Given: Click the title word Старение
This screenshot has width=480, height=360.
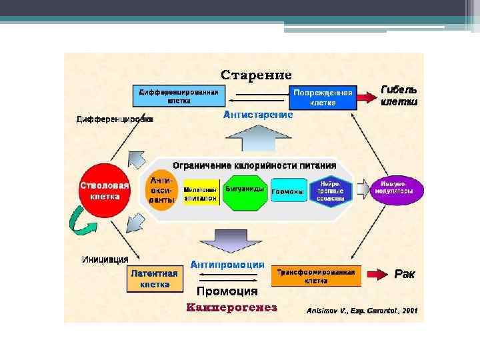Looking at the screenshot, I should [256, 74].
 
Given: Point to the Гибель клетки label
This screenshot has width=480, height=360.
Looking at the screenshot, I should [399, 96].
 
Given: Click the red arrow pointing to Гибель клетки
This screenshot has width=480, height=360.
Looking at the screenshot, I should [367, 98].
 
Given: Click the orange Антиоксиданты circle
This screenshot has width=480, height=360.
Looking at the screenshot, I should [161, 190].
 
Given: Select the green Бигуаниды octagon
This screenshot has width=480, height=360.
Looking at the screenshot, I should [245, 191].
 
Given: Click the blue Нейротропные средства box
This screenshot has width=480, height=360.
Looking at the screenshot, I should [331, 191].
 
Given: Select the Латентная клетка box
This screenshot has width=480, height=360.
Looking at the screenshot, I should [155, 279].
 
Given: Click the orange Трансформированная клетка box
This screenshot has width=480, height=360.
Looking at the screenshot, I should [316, 276].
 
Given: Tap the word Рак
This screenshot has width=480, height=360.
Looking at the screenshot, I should [405, 273].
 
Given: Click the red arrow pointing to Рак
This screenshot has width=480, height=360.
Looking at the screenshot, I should [377, 273].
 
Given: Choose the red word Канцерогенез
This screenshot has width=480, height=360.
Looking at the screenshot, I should [231, 308].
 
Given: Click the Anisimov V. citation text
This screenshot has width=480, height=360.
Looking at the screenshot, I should [362, 311].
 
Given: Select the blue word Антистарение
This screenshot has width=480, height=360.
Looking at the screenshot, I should [257, 115].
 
